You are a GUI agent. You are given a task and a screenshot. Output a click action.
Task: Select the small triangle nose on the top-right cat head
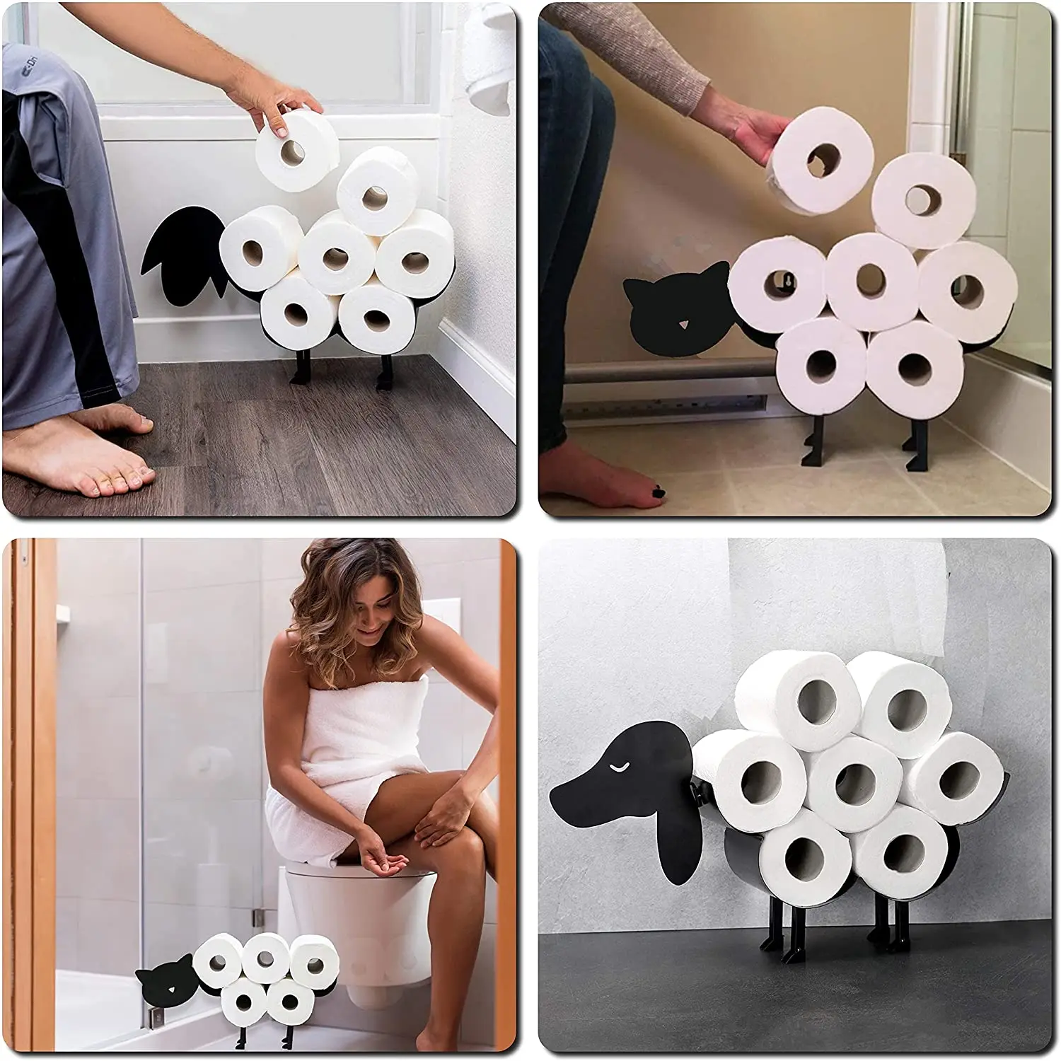[683, 324]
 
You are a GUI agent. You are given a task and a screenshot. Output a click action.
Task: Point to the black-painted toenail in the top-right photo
[657, 489]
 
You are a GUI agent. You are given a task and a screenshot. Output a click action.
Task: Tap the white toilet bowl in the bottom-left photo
[354, 912]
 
